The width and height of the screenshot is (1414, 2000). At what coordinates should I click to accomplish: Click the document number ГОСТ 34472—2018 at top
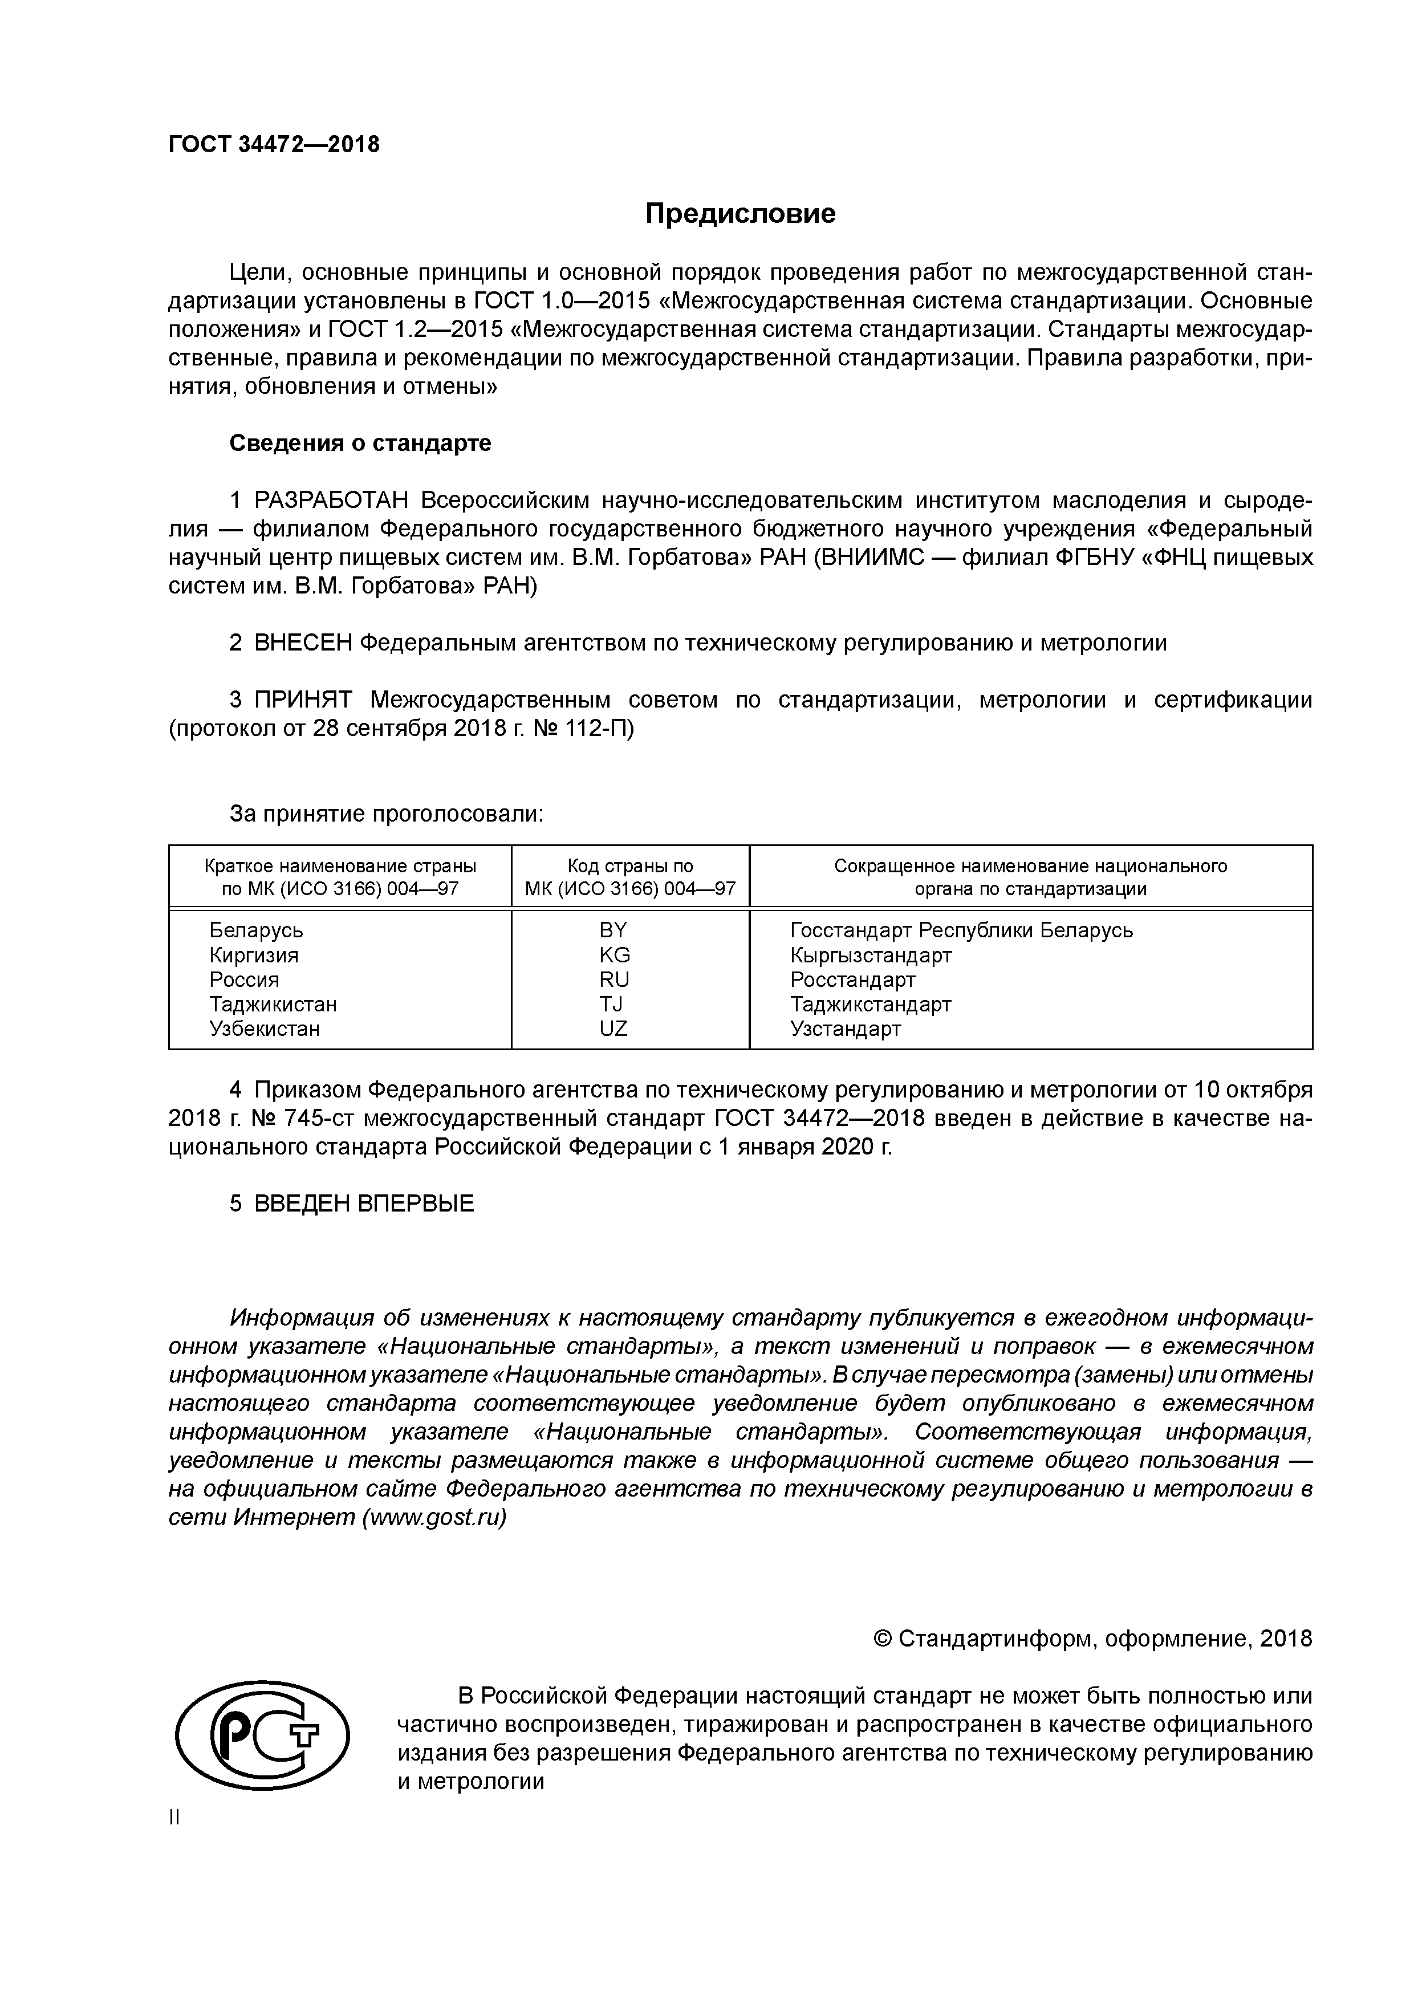pos(274,145)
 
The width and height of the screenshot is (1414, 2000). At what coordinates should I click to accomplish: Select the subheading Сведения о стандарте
pos(360,444)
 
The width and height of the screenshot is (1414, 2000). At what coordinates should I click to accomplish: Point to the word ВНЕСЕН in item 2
pos(304,643)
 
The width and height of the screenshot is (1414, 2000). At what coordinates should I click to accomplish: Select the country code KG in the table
pos(614,955)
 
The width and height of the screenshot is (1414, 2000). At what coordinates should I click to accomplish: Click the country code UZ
pos(613,1029)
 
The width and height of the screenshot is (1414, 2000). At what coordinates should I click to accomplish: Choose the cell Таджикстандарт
pos(871,1005)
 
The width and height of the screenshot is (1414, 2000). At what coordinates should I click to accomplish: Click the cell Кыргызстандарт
pos(871,955)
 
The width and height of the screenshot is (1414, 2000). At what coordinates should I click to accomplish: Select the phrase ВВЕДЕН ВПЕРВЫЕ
pos(364,1204)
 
